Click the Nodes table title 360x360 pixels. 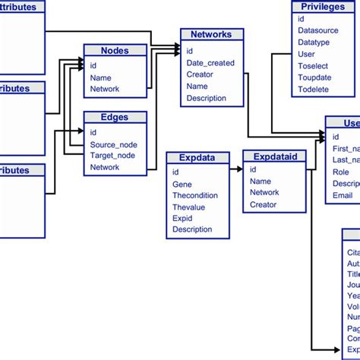115,51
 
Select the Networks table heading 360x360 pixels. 211,34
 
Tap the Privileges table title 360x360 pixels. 323,7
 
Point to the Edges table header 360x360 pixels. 115,118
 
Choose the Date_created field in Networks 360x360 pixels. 210,63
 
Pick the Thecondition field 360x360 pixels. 195,195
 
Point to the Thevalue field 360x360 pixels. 189,207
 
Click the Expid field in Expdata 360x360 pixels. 182,218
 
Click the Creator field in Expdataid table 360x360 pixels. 264,205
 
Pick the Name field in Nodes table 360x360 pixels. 100,77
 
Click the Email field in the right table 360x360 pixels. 343,196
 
